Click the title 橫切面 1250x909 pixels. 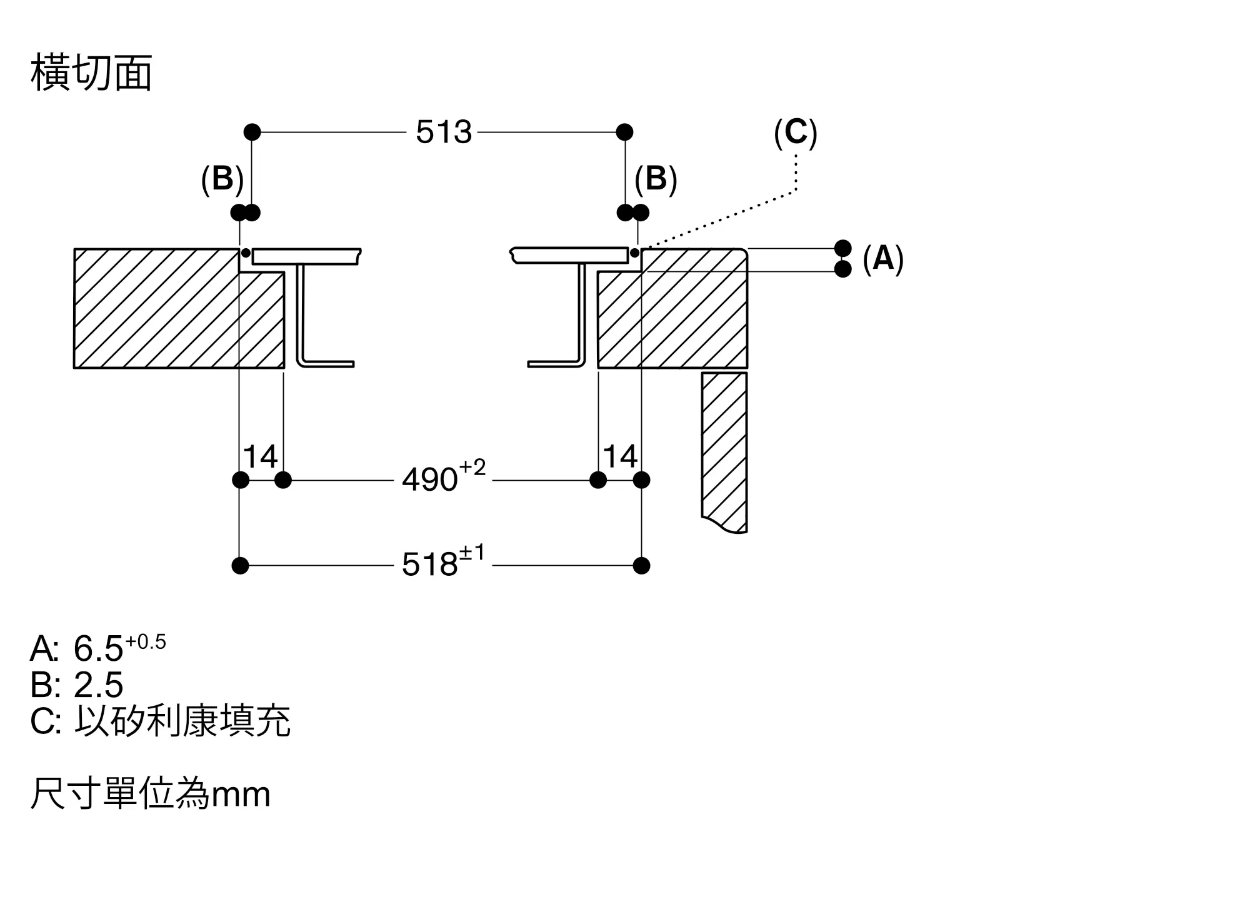(91, 74)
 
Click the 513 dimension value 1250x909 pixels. (444, 133)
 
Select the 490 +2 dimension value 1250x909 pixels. (443, 479)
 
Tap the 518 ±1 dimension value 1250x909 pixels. (442, 563)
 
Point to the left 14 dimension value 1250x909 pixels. (260, 457)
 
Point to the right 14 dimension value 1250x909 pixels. (620, 457)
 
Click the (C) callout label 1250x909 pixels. (795, 133)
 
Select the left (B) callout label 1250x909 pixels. (222, 179)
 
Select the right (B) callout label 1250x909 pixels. (656, 179)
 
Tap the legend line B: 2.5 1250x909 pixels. (77, 685)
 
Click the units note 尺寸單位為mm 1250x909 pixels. (150, 794)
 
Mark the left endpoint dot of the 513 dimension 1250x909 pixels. (252, 132)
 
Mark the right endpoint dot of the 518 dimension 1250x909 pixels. (641, 566)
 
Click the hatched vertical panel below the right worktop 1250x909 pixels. (724, 450)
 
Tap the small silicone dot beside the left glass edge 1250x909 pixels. (246, 253)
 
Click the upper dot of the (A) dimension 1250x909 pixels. (842, 248)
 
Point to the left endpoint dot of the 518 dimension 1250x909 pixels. (240, 566)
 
